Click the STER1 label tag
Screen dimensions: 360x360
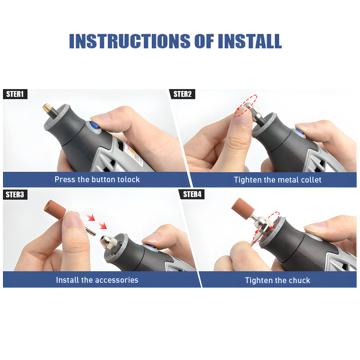click(15, 94)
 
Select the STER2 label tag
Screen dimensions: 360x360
click(182, 94)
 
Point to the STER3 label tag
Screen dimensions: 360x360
click(15, 195)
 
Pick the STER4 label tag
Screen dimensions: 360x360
click(192, 194)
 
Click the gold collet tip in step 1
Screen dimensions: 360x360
click(46, 108)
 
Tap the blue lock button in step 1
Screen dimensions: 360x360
click(94, 125)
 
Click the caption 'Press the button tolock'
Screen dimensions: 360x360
click(97, 179)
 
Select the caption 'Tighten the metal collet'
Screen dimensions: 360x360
click(277, 180)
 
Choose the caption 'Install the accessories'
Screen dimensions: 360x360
click(97, 280)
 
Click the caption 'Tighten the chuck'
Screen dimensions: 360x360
click(277, 280)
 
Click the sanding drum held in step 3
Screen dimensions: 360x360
click(55, 209)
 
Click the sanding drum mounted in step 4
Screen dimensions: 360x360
click(240, 208)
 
